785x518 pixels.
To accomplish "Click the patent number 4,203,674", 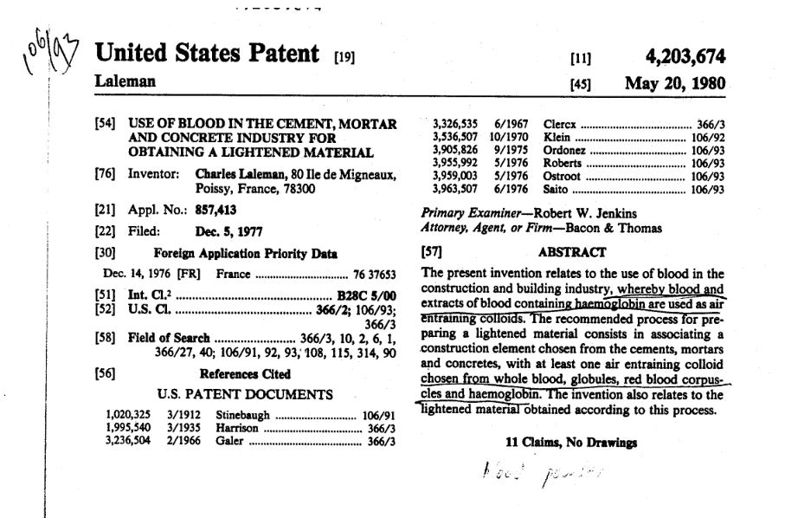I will [685, 57].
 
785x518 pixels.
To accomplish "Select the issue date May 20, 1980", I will [675, 84].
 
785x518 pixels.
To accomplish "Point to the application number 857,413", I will [216, 210].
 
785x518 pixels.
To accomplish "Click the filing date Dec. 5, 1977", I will [228, 231].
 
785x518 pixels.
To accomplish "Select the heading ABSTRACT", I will [572, 252].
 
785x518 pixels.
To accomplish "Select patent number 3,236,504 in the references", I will [126, 441].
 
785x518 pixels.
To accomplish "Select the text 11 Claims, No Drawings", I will [571, 442].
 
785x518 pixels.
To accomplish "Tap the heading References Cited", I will [245, 374].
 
